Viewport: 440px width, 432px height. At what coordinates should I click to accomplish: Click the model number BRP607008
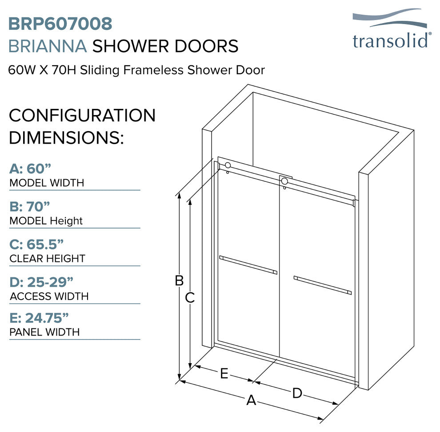coord(60,24)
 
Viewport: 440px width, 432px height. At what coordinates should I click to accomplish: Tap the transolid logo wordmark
coord(390,41)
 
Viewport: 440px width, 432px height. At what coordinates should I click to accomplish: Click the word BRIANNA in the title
coord(48,46)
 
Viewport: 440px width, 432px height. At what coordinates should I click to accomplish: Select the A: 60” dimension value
coord(30,169)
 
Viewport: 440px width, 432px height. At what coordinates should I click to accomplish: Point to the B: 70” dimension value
coord(30,207)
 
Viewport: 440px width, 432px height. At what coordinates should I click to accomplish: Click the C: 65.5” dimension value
coord(36,244)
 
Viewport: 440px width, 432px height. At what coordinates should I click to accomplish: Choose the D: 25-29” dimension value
coord(41,282)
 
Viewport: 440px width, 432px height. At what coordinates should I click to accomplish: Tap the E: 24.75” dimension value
coord(39,318)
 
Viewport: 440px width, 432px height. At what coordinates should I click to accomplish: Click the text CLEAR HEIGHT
coord(47,259)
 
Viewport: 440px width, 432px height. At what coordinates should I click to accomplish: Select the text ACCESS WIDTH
coord(49,296)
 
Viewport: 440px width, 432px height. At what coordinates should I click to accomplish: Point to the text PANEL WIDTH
coord(44,332)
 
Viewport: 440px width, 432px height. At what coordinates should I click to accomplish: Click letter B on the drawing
coord(179,280)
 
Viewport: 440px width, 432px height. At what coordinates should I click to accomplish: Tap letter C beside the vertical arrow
coord(190,297)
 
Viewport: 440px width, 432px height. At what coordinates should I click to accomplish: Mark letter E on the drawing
coord(224,374)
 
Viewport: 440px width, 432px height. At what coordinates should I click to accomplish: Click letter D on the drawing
coord(297,393)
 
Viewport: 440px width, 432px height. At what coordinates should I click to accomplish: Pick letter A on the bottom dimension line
coord(252,400)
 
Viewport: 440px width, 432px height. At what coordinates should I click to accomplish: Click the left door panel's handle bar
coord(248,265)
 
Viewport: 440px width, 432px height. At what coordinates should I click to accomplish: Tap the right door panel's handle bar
coord(322,285)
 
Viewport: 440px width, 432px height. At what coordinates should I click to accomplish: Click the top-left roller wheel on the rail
coord(228,165)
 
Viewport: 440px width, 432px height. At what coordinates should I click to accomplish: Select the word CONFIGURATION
coord(82,116)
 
